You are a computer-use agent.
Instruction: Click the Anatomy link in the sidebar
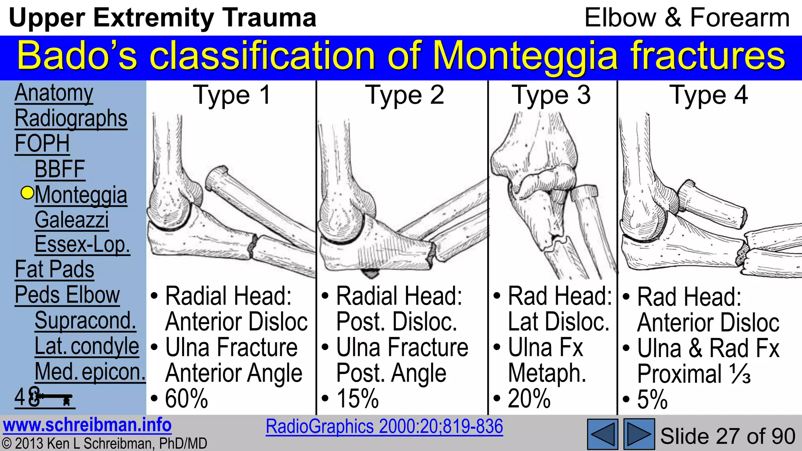coord(54,93)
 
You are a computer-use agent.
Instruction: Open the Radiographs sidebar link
coord(71,119)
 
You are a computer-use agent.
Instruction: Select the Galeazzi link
coord(72,220)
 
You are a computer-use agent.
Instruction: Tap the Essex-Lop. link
coord(82,245)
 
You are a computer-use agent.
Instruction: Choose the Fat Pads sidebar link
coord(54,270)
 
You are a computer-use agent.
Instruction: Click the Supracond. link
coord(85,321)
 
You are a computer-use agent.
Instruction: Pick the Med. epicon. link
coord(90,372)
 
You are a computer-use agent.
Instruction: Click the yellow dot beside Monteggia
coord(27,193)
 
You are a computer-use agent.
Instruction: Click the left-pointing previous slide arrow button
coord(602,434)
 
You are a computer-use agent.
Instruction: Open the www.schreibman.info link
coord(87,425)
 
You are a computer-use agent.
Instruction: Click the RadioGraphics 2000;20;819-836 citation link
coord(384,426)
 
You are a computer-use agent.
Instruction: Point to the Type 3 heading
coord(551,95)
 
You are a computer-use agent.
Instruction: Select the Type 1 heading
coord(232,95)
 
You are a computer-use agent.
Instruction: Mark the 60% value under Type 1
coord(186,399)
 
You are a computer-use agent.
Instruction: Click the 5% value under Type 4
coord(652,400)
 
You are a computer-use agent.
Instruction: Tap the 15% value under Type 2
coord(358,399)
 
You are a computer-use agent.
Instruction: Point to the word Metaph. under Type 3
coord(547,373)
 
